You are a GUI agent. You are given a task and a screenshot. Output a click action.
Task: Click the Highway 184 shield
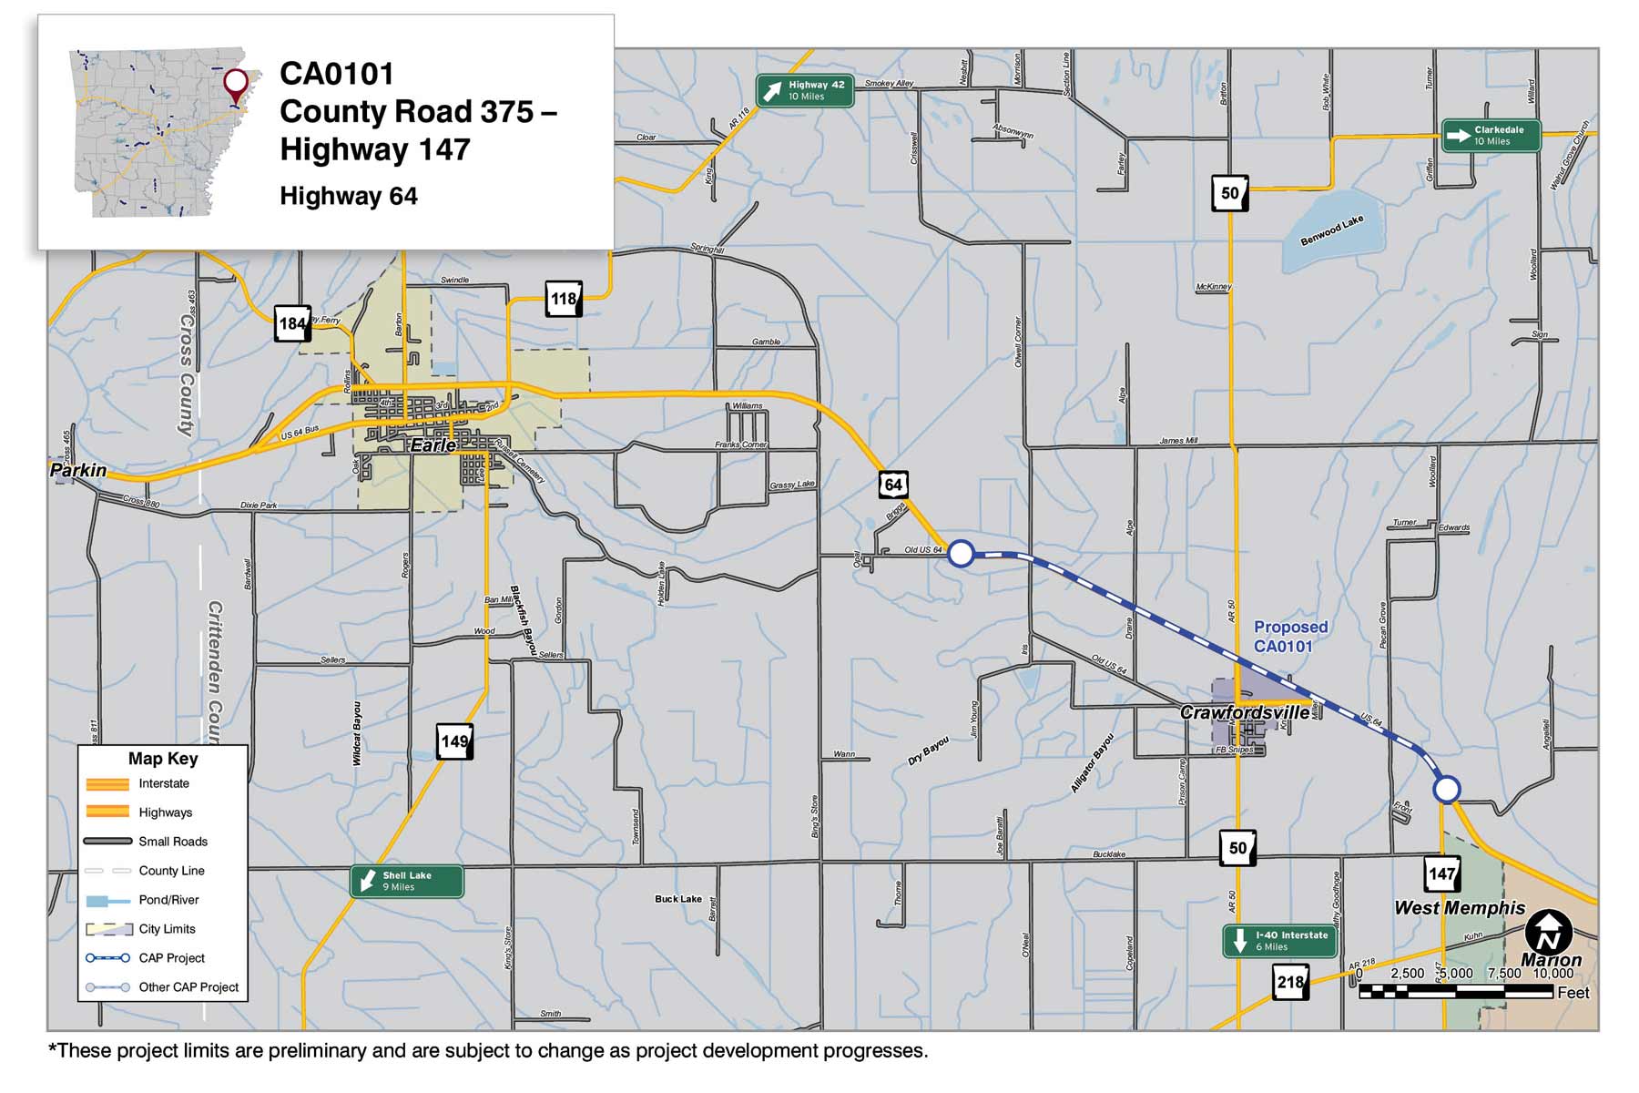tap(292, 323)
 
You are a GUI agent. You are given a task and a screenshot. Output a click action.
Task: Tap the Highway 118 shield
tap(564, 299)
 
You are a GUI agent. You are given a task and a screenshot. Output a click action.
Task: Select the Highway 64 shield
tap(893, 485)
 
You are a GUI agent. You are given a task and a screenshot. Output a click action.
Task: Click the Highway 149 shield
tap(454, 741)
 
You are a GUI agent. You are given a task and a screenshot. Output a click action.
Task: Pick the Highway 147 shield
tap(1442, 874)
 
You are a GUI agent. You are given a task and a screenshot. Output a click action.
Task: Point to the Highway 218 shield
tap(1290, 983)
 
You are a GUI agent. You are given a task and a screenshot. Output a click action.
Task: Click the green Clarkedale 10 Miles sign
tap(1491, 136)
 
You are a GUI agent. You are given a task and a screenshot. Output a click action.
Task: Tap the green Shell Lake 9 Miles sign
tap(406, 881)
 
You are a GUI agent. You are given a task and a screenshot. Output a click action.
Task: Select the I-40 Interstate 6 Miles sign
tap(1279, 941)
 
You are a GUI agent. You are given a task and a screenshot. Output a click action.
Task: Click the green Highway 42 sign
tap(805, 90)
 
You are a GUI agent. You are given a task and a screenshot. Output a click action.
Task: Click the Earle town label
tap(433, 445)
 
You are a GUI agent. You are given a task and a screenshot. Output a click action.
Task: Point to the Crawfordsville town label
tap(1245, 712)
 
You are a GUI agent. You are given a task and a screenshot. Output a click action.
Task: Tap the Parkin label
tap(78, 471)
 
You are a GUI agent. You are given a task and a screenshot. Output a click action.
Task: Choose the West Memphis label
tap(1459, 908)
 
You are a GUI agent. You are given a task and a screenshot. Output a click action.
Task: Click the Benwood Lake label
tap(1331, 230)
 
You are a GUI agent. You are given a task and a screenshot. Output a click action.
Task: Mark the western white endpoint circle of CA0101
tap(961, 553)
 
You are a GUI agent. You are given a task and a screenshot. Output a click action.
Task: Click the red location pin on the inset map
tap(236, 84)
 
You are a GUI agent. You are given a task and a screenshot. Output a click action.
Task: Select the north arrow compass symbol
tap(1548, 933)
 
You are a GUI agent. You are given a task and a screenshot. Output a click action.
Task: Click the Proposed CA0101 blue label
tap(1289, 637)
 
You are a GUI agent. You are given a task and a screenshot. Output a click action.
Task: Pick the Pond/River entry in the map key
tap(168, 900)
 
